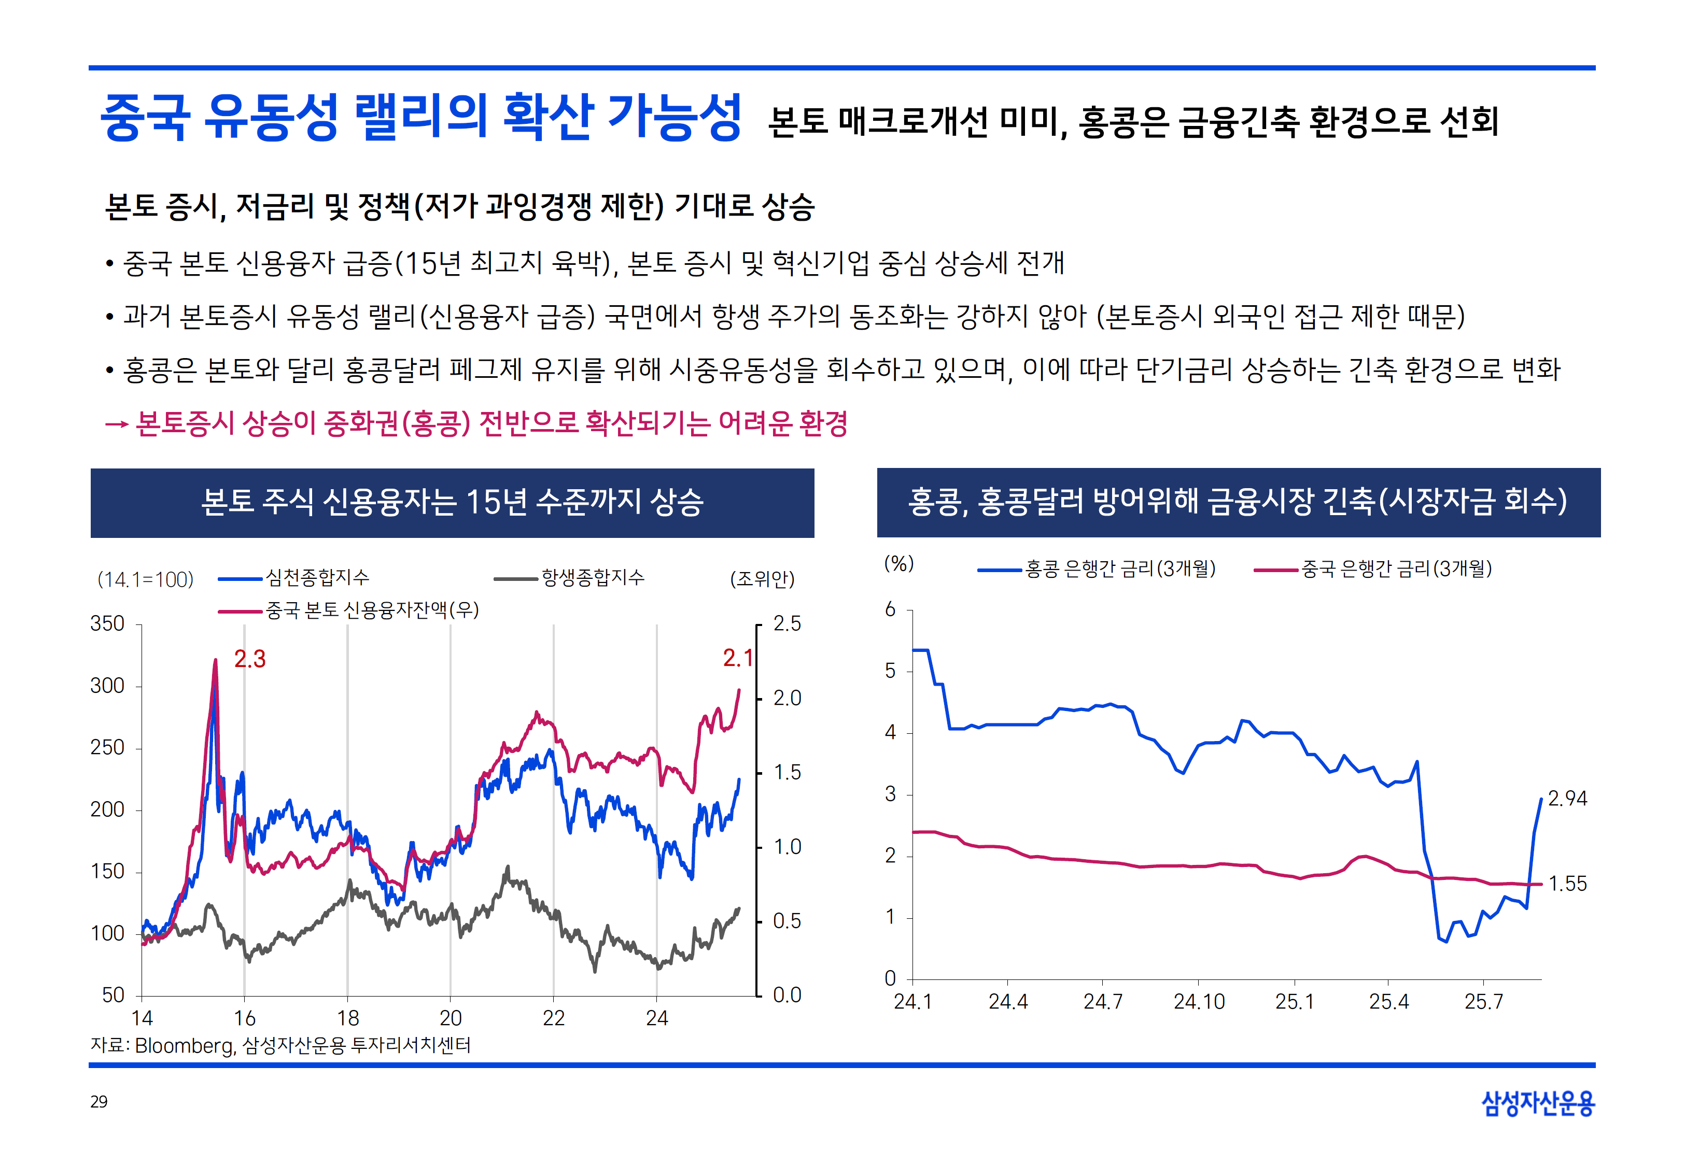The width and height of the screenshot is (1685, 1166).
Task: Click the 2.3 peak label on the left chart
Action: pos(249,659)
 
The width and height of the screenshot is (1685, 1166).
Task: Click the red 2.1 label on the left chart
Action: pos(737,658)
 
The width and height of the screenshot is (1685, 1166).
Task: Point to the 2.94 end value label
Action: pos(1567,799)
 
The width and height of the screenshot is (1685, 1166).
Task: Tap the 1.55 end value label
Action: pos(1567,884)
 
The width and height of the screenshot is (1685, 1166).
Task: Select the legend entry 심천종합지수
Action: pos(317,578)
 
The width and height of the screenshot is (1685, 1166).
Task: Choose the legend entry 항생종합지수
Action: pos(593,578)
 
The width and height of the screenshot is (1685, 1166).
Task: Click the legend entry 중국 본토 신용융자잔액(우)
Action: pos(372,610)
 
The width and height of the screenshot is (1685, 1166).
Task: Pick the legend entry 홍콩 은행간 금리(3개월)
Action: pos(1119,568)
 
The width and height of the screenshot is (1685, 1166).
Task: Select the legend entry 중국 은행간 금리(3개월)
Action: pos(1396,568)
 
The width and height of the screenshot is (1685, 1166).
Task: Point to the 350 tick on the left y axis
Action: pos(107,624)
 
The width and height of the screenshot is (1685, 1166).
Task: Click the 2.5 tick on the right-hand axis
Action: pos(787,624)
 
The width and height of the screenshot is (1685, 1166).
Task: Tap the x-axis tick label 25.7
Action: pos(1483,1002)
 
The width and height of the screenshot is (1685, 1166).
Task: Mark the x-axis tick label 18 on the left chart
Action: pos(348,1018)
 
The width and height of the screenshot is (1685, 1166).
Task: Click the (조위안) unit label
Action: pos(762,579)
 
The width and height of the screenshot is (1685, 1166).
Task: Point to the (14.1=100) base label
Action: pos(145,580)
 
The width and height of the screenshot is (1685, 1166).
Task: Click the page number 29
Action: pos(99,1102)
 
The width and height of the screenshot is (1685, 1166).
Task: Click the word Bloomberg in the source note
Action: pos(184,1045)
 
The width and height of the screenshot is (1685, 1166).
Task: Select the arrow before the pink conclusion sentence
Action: pos(116,424)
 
